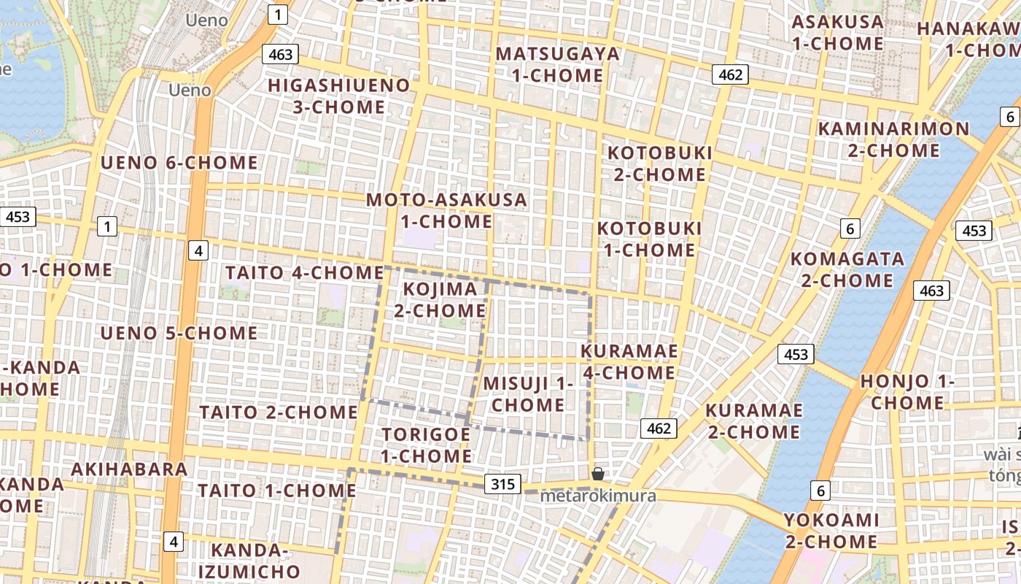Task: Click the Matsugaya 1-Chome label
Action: point(557,64)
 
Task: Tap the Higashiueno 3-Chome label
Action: point(339,96)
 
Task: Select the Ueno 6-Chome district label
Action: point(179,162)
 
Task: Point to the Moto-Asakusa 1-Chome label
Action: point(446,210)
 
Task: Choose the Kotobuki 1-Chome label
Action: point(649,239)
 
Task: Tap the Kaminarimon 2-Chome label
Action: point(893,139)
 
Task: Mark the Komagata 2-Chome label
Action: point(847,269)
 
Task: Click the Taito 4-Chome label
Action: point(304,272)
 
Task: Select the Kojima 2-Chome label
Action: point(440,299)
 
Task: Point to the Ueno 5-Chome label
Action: point(179,333)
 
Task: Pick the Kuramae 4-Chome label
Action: point(629,361)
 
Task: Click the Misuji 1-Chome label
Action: point(528,393)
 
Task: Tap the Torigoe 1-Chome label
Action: point(427,445)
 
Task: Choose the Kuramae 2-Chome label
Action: point(753,420)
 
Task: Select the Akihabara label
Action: point(130,468)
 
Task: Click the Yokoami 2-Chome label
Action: point(831,531)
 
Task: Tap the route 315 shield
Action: point(502,483)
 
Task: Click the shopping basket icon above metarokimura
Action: point(598,474)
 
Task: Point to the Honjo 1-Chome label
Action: point(907,391)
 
